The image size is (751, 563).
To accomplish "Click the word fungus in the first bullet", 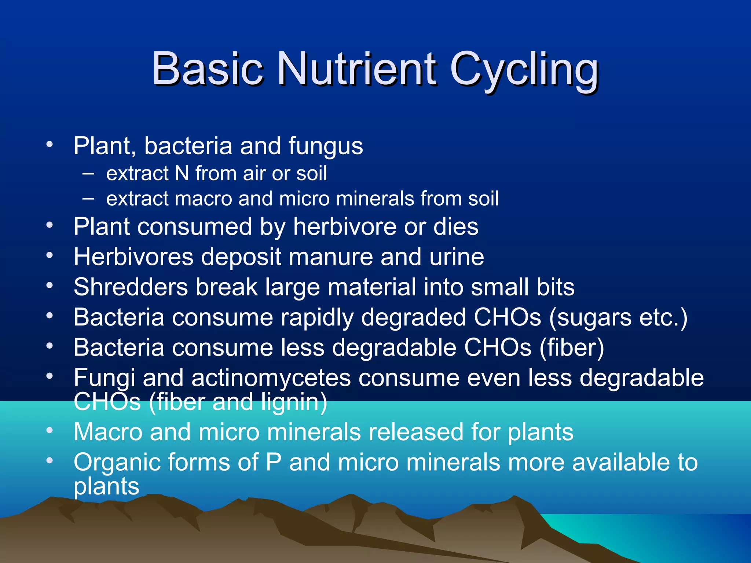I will pyautogui.click(x=325, y=147).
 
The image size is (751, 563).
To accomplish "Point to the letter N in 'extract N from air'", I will pyautogui.click(x=182, y=173).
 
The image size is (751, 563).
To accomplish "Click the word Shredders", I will pyautogui.click(x=131, y=287).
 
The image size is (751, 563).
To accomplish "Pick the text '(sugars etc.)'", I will pyautogui.click(x=618, y=317).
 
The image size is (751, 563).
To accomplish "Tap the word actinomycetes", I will pyautogui.click(x=271, y=378).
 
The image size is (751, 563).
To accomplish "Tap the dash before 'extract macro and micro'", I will pyautogui.click(x=88, y=198).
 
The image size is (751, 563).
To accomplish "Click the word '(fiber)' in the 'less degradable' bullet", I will pyautogui.click(x=571, y=347).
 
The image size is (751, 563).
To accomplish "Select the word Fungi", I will pyautogui.click(x=104, y=378).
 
